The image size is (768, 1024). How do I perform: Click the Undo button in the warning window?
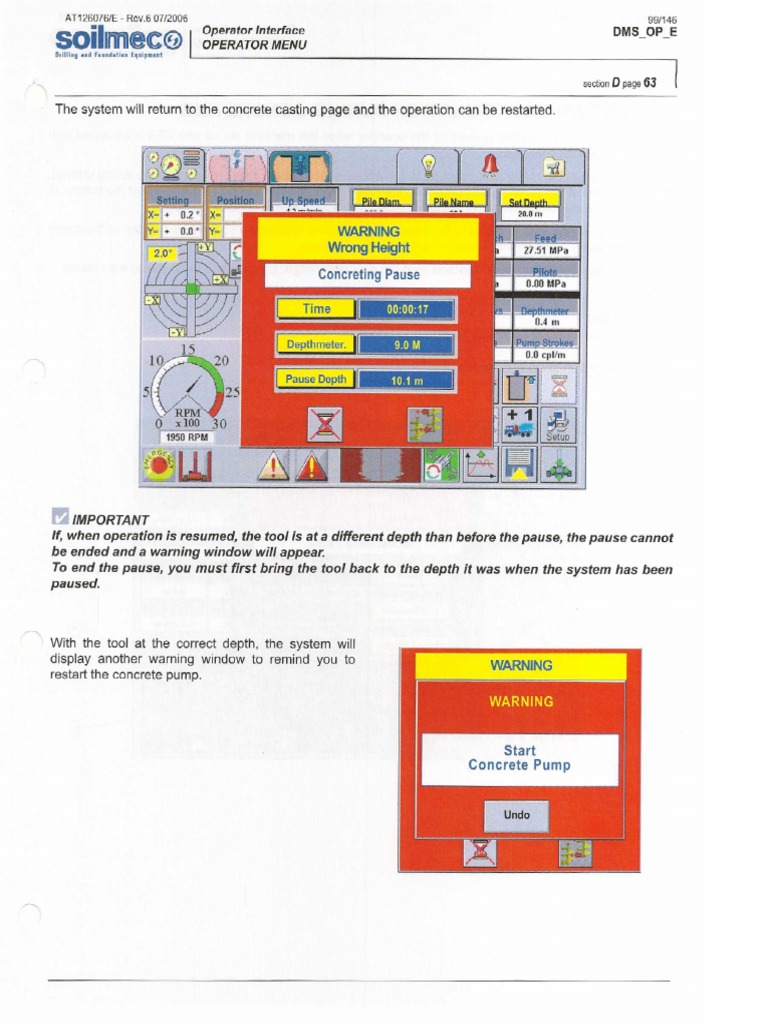click(517, 815)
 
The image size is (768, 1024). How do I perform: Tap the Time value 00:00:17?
click(406, 310)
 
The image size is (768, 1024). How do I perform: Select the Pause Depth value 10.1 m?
click(406, 381)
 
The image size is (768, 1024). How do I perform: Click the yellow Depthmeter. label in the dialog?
click(316, 345)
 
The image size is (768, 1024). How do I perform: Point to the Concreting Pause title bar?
click(368, 275)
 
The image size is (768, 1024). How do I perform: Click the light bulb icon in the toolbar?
click(427, 166)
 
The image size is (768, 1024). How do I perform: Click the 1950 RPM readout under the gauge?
click(186, 438)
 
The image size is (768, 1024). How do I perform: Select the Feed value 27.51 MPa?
click(546, 252)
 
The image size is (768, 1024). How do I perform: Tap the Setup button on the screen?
click(557, 424)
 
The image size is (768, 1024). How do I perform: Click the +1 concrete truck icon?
click(519, 423)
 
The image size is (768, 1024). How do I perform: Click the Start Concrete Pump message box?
click(519, 758)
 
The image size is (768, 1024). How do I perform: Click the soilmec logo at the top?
click(118, 40)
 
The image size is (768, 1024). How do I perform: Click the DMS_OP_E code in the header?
click(645, 32)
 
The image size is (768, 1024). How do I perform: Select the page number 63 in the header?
click(650, 83)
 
